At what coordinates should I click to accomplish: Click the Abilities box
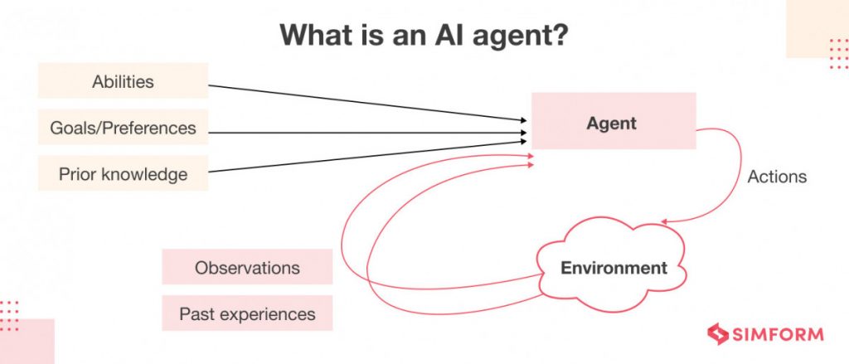[123, 81]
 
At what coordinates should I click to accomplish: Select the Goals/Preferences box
[123, 128]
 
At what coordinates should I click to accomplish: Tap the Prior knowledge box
[123, 174]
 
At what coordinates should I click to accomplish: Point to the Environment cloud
[614, 268]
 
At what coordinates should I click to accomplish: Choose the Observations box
[247, 268]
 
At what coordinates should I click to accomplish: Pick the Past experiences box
[247, 314]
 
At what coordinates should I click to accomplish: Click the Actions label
[777, 177]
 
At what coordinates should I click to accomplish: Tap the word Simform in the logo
[778, 335]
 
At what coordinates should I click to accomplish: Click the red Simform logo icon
[717, 334]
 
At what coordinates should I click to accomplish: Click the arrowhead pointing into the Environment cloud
[666, 221]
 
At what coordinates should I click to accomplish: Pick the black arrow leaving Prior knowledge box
[365, 157]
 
